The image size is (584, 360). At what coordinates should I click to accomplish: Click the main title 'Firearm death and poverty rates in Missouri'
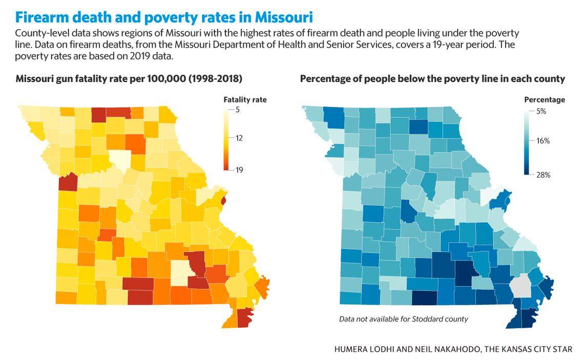point(164,17)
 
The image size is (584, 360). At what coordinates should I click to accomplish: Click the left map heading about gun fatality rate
point(129,79)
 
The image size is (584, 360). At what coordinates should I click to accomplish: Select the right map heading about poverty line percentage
point(432,79)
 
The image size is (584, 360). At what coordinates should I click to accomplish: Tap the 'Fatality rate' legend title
point(245,99)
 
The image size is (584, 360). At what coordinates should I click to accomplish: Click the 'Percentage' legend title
point(545,99)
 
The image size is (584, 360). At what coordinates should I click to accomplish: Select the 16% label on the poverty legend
point(543,141)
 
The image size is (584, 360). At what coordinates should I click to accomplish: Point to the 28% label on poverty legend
point(543,175)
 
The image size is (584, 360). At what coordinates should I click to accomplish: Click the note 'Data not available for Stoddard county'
point(404,319)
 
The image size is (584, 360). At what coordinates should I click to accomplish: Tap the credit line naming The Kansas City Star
point(453,349)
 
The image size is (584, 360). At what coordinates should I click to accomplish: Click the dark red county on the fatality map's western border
point(68,182)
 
